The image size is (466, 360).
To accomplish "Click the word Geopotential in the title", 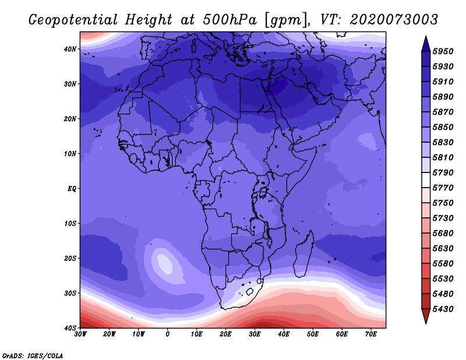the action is pos(73,20).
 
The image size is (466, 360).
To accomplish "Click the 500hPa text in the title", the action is pos(230,20).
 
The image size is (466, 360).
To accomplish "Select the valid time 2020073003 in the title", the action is pos(394,20).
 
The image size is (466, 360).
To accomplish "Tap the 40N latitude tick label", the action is pos(70,49).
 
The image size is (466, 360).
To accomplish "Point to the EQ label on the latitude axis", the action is pos(72,189).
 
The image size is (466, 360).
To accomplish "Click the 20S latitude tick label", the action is pos(70,258).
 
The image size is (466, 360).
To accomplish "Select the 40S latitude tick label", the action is pos(70,328).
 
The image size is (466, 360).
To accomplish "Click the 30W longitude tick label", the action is pos(80,334).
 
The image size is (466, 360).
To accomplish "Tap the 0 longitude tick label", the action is pos(168,334).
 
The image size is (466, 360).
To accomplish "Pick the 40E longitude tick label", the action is pos(284,334).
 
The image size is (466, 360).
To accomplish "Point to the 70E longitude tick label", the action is pos(371,334).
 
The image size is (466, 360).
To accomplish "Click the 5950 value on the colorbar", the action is pos(443,51).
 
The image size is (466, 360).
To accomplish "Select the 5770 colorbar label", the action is pos(443,188).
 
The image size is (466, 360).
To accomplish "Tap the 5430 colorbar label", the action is pos(443,309).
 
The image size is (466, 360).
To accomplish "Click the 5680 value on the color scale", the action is pos(443,234).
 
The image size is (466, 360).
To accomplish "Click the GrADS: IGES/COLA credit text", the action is pos(33,355).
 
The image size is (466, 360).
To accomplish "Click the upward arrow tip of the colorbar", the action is pos(426,37).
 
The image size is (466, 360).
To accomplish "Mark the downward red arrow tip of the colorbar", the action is pos(426,323).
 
